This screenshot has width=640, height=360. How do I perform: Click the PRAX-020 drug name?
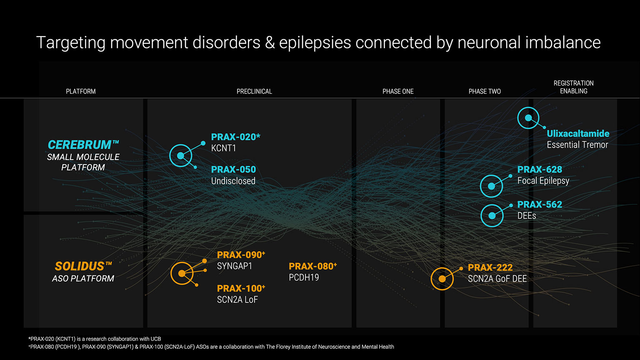click(235, 137)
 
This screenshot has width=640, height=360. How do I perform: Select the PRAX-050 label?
click(233, 170)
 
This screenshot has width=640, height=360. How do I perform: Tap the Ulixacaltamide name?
click(578, 133)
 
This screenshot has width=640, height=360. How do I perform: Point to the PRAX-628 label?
click(540, 170)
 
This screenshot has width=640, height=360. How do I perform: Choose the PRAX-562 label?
click(540, 204)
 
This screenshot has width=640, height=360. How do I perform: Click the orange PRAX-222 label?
click(490, 267)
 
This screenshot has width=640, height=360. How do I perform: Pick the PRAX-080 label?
click(313, 266)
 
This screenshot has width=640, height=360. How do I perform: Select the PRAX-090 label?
click(241, 255)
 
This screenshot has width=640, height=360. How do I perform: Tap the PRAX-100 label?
click(241, 288)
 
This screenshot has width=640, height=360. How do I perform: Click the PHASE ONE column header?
click(398, 91)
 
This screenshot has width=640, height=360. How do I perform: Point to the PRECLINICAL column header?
click(254, 91)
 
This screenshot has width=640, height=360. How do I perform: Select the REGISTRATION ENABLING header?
click(573, 87)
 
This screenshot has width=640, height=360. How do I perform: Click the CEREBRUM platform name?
click(83, 145)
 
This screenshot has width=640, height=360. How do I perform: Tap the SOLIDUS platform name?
click(83, 266)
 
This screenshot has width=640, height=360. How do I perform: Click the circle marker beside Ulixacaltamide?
click(528, 118)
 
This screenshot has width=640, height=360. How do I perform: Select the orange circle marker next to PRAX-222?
click(442, 279)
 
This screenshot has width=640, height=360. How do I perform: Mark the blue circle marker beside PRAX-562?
click(492, 216)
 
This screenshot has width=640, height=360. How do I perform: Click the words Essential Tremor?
click(577, 145)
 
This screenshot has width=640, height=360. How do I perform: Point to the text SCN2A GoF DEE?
click(497, 279)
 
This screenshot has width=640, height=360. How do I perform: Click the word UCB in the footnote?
click(156, 339)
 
